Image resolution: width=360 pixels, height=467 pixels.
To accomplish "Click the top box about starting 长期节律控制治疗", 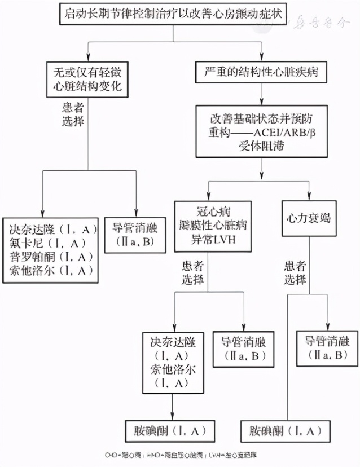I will coord(173,14).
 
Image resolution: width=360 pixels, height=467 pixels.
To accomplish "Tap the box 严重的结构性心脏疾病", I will coord(261,73).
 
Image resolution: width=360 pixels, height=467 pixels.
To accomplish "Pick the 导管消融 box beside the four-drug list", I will coord(135,235).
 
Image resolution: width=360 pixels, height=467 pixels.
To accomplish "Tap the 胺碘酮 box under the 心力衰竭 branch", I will coord(285,431).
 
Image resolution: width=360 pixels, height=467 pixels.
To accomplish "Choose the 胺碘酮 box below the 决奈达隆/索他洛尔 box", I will coord(170,431).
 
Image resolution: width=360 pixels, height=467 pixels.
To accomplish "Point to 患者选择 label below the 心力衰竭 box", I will coord(295,272).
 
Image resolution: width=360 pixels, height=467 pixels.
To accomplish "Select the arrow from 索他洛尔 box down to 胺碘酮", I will coord(171,405).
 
